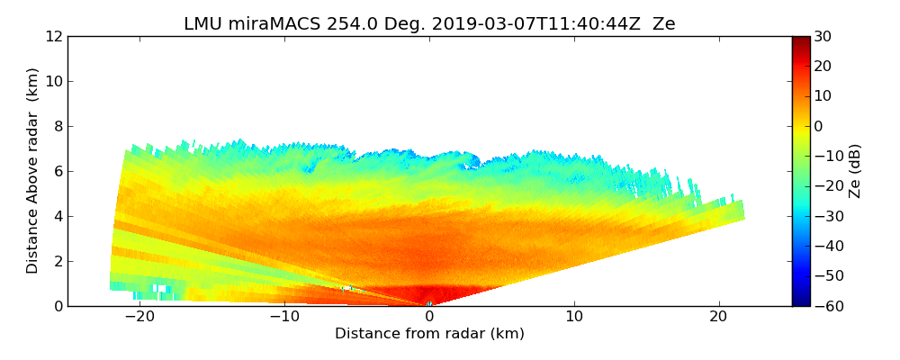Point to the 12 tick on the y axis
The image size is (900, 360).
(x=52, y=36)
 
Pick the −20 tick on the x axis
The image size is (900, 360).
(x=139, y=317)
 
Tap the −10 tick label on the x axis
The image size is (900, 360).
(x=284, y=317)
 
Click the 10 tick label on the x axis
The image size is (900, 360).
(x=574, y=317)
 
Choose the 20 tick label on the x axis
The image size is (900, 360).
(x=718, y=317)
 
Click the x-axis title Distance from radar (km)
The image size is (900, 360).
(x=429, y=334)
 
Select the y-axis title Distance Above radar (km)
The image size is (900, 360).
(x=32, y=171)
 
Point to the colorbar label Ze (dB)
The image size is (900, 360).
(x=855, y=171)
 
